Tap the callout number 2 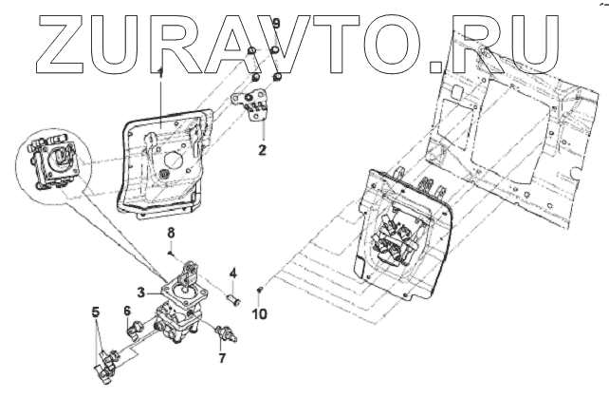coord(263,149)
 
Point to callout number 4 coord(234,274)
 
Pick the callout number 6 coord(127,311)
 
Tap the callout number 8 coord(172,233)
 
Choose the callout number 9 coord(276,22)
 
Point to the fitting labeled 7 coord(225,332)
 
